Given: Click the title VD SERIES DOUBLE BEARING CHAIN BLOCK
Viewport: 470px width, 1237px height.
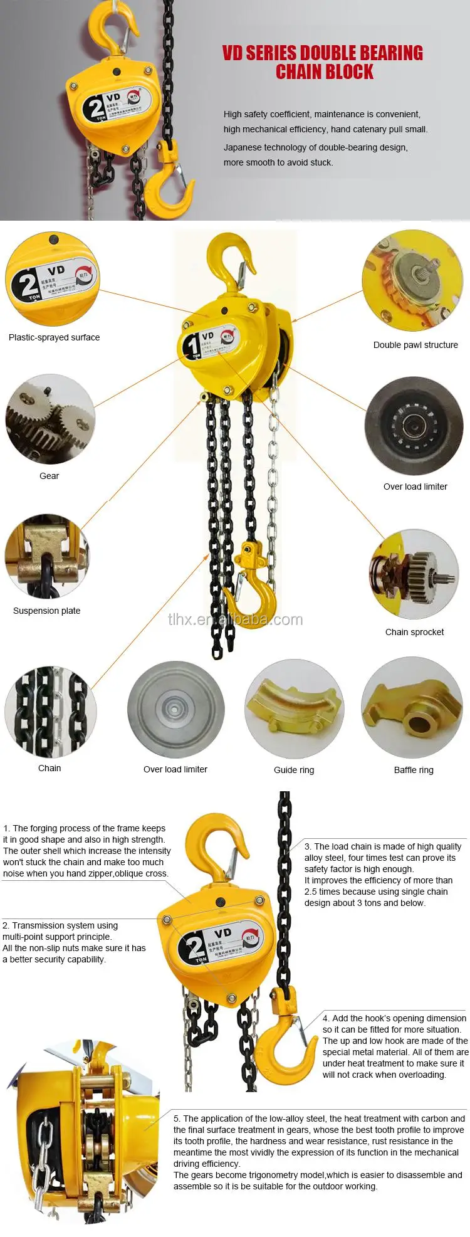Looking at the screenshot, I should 323,62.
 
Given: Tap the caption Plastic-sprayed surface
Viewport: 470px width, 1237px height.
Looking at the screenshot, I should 54,337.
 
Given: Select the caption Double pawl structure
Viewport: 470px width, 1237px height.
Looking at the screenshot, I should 415,345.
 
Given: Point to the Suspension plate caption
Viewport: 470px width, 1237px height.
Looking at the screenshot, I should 46,611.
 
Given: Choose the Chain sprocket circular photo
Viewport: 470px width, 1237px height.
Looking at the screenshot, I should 414,574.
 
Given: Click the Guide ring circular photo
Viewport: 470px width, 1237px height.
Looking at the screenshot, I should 293,709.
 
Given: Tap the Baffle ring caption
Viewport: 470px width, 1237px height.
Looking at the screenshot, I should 414,770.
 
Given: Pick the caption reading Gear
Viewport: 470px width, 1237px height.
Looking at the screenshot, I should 49,476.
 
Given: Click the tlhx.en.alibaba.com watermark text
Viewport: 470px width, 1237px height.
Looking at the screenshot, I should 235,620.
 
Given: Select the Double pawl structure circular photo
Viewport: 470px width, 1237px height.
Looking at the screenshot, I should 412,280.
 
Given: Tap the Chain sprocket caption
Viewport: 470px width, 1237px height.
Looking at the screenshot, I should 414,632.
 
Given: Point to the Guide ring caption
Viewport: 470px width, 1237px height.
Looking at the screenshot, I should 294,770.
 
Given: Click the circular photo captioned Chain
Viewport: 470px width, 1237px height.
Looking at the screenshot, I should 50,712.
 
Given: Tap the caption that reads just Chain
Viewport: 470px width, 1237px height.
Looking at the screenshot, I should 50,768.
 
